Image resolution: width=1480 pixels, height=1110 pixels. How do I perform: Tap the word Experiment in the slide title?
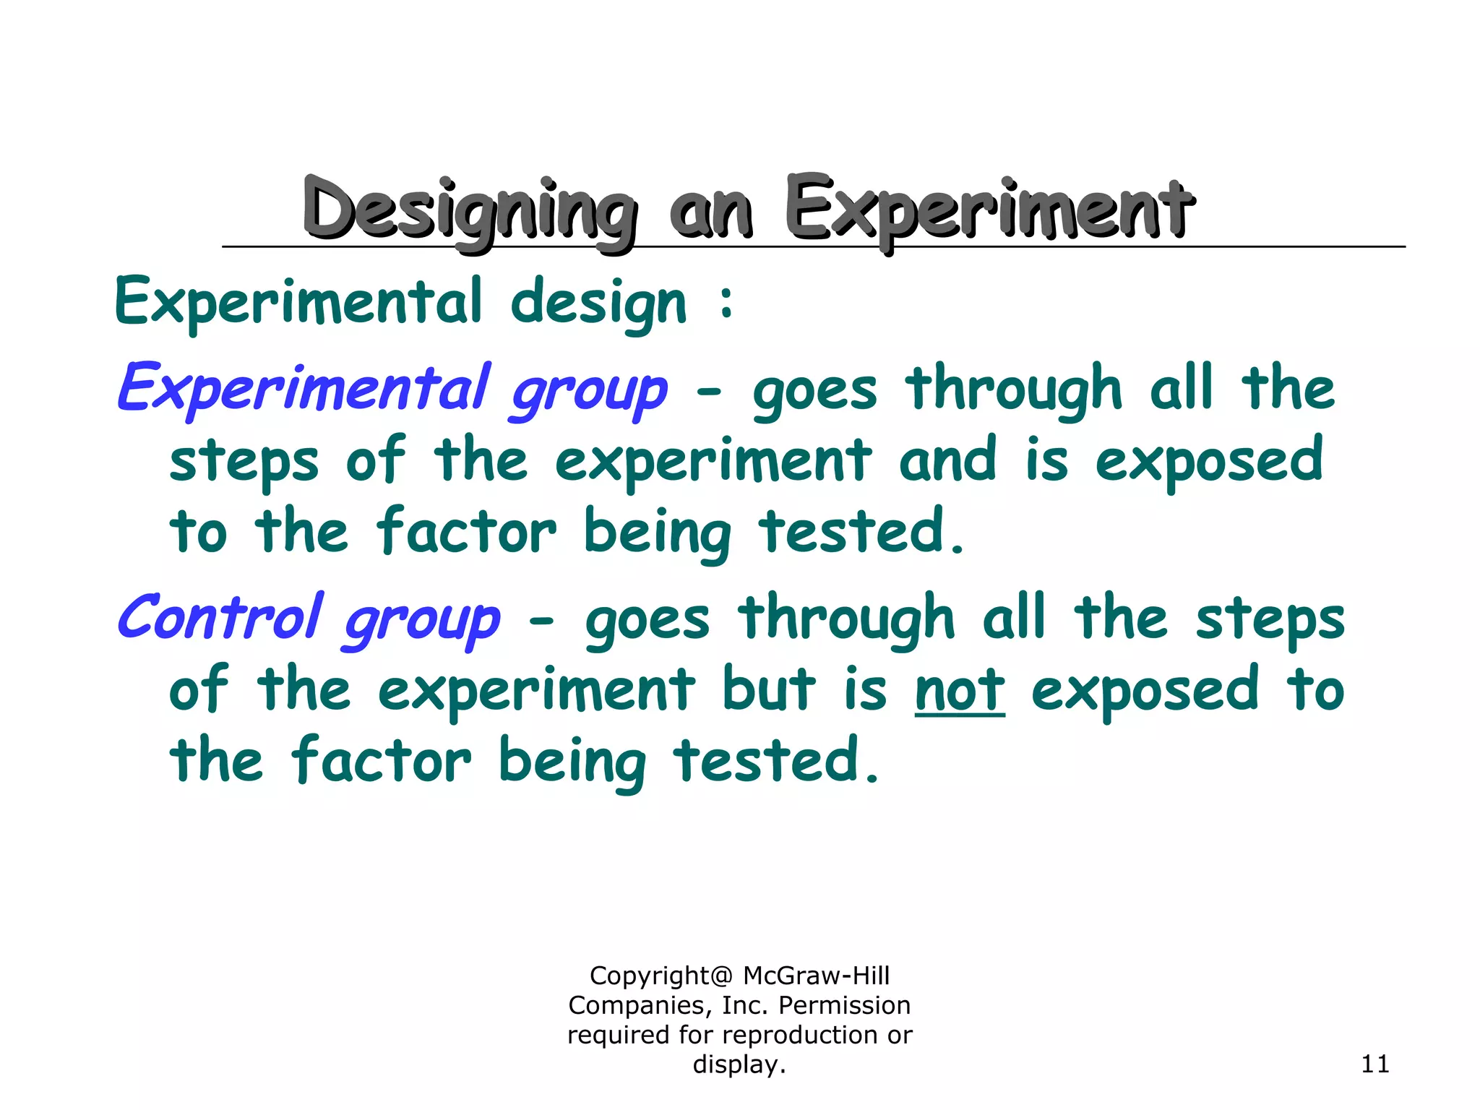pyautogui.click(x=989, y=210)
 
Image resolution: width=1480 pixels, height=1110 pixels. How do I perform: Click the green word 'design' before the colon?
pyautogui.click(x=598, y=304)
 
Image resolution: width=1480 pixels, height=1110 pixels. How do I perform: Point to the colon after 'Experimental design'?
pyautogui.click(x=726, y=302)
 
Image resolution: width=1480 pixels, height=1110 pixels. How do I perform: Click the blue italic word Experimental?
pyautogui.click(x=304, y=389)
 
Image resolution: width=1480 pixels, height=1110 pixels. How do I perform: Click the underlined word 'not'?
pyautogui.click(x=959, y=690)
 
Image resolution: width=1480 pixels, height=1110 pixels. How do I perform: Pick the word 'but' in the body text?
pyautogui.click(x=769, y=689)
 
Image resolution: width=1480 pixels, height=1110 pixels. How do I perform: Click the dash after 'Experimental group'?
pyautogui.click(x=709, y=392)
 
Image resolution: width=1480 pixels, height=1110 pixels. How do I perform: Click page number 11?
pyautogui.click(x=1374, y=1064)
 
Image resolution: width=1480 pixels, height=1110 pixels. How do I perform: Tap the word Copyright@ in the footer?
pyautogui.click(x=661, y=976)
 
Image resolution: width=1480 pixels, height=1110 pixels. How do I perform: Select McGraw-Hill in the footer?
pyautogui.click(x=817, y=976)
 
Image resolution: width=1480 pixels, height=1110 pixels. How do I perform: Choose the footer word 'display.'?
pyautogui.click(x=739, y=1064)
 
